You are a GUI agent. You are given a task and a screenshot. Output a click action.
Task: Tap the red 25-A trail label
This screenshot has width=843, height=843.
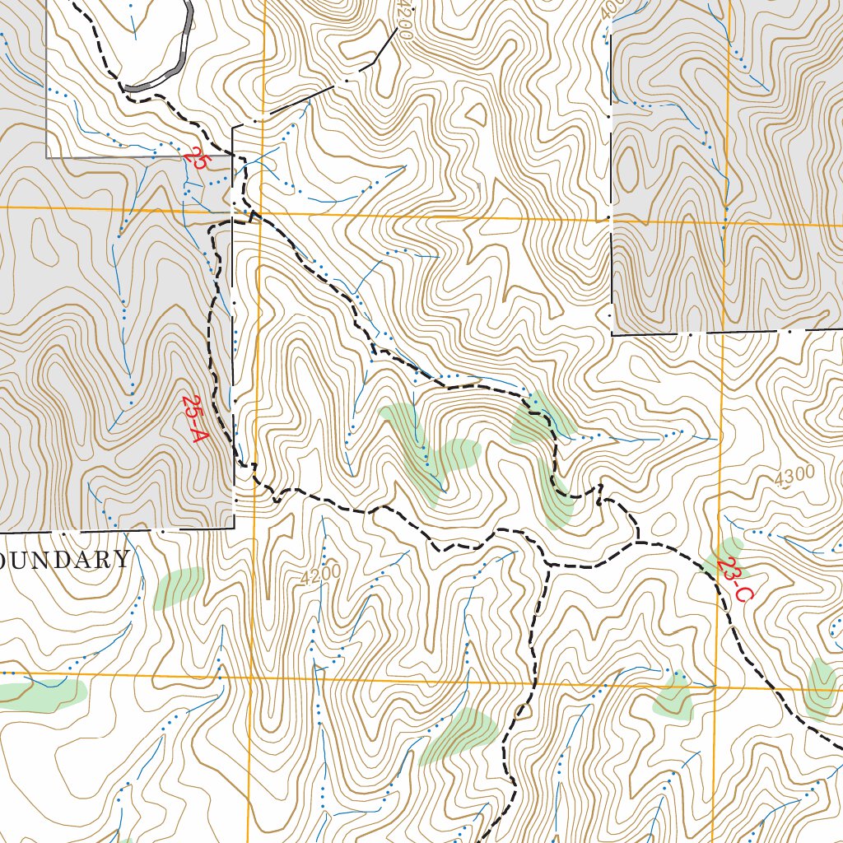coord(193,419)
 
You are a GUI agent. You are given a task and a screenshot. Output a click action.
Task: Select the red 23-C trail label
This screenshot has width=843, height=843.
coord(733,580)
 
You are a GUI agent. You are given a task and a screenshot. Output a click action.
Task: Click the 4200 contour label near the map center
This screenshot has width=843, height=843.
coord(320,574)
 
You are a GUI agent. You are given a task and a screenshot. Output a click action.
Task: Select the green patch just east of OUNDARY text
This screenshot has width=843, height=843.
coord(179,587)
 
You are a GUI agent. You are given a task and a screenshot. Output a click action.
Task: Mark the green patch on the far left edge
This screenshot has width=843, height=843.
coord(41,694)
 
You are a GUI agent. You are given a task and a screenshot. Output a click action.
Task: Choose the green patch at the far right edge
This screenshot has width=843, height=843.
coord(821,687)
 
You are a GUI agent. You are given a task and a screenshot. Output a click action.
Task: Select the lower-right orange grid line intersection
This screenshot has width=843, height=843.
coord(716,685)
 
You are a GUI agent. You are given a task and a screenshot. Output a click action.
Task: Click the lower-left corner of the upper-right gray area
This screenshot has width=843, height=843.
coord(612,334)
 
